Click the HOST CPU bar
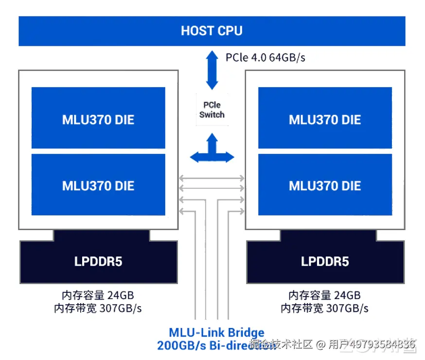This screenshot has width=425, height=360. click(212, 31)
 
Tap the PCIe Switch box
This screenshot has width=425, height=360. click(212, 110)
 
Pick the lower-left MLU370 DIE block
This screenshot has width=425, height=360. click(98, 185)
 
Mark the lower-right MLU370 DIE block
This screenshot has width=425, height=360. click(325, 185)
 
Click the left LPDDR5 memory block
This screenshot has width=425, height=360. click(98, 261)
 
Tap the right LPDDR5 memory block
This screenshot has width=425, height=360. click(325, 261)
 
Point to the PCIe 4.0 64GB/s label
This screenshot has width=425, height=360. click(266, 57)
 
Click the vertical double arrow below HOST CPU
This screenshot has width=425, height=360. click(212, 70)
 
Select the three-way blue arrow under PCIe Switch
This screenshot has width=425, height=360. click(212, 150)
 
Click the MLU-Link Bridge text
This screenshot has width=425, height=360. click(217, 333)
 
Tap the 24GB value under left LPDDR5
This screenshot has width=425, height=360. click(120, 295)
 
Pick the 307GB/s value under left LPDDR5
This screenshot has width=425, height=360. click(121, 308)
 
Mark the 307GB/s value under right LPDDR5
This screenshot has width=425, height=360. click(348, 308)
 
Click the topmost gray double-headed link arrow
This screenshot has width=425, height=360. click(212, 178)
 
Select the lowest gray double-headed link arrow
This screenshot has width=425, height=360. click(212, 211)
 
